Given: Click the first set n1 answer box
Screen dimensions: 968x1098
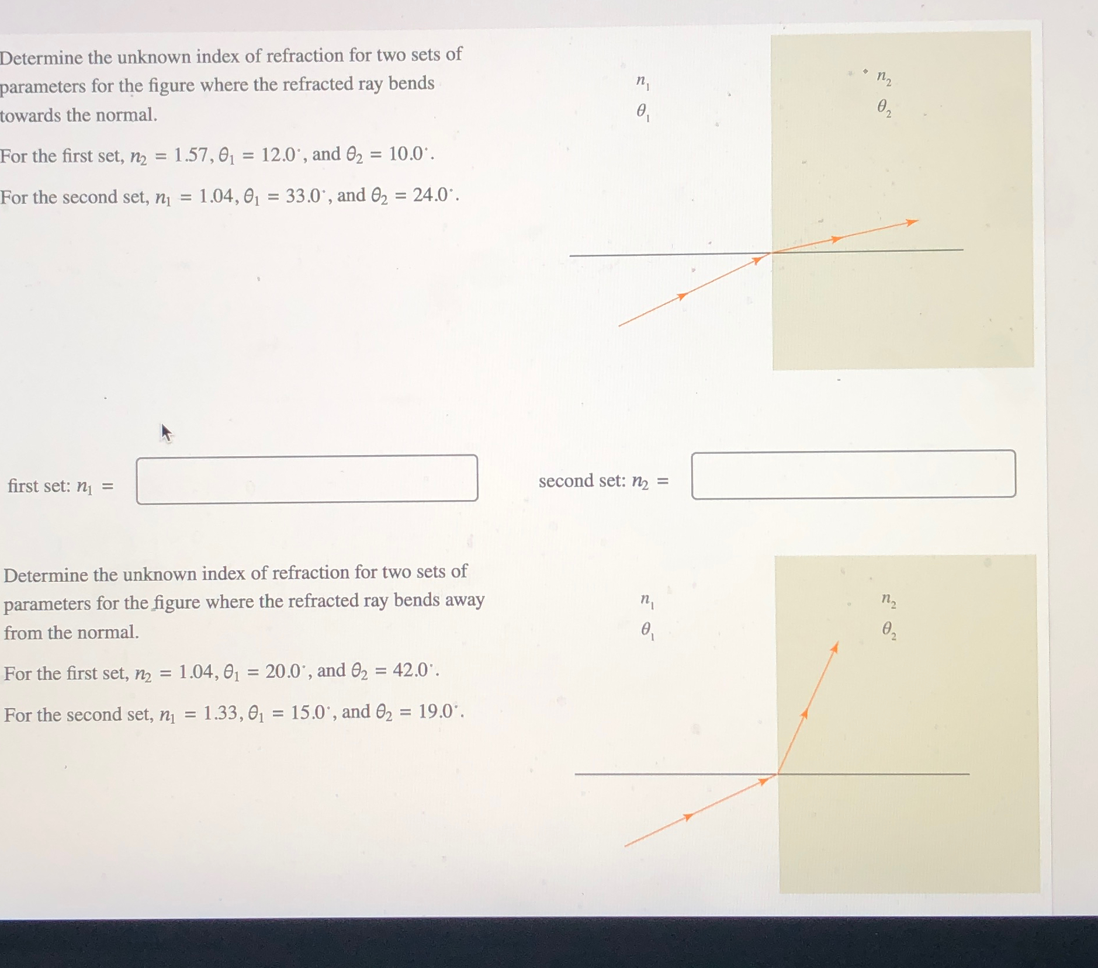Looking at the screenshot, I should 307,479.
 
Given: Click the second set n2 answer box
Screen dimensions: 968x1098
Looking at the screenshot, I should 853,474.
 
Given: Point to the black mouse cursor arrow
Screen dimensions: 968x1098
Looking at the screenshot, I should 166,432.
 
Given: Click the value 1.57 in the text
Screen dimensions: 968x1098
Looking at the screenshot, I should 190,155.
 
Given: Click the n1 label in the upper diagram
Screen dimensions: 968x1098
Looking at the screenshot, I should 642,82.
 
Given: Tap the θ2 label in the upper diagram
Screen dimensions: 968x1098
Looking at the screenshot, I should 884,108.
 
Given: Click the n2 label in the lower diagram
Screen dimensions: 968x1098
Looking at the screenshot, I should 888,600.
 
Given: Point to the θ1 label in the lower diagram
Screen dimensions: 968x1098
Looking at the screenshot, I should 647,630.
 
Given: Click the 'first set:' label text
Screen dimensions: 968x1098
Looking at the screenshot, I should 39,486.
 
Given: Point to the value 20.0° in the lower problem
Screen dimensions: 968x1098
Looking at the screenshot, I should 285,671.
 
